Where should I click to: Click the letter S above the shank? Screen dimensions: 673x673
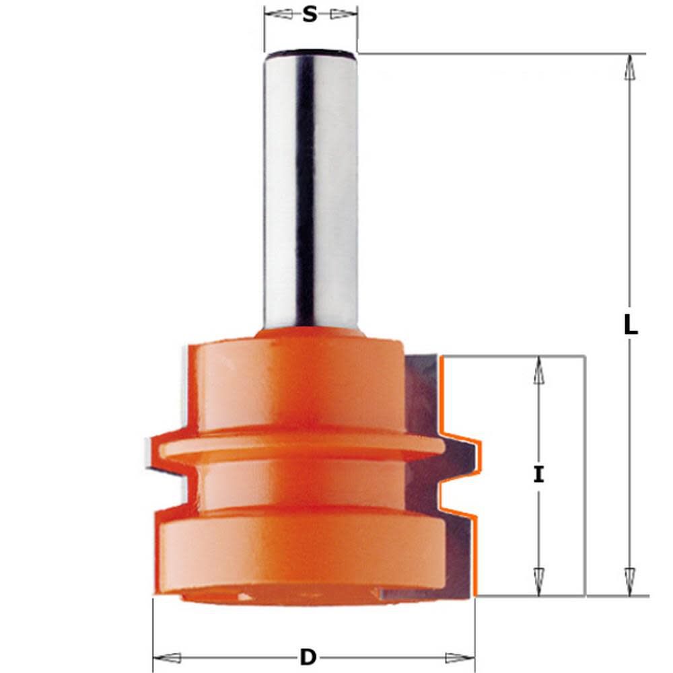310,14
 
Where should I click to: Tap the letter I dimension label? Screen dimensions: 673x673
538,475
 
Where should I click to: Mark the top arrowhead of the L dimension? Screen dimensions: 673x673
630,67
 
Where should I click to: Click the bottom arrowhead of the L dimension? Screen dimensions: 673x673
630,581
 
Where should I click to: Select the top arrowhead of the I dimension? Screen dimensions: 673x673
538,369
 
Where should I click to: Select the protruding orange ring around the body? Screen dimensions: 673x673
296,446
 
